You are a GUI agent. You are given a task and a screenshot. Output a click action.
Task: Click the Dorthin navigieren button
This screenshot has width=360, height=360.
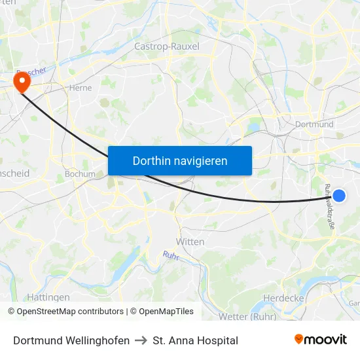click(x=179, y=160)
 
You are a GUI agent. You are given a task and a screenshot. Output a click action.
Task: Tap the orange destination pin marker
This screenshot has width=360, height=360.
click(x=22, y=82)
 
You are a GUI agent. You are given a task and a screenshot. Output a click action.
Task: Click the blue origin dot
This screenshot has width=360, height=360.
click(x=339, y=195)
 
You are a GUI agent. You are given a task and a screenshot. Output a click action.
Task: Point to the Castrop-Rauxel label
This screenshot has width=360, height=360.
click(x=166, y=46)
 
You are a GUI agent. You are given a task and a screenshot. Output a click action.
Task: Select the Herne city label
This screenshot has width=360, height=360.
click(x=80, y=87)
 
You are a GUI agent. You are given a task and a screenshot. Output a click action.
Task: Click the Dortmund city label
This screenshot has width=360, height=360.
click(x=314, y=124)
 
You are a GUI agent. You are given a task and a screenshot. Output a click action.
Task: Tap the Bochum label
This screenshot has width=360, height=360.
click(x=80, y=175)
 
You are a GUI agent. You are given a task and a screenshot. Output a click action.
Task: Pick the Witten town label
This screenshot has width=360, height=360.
click(x=190, y=242)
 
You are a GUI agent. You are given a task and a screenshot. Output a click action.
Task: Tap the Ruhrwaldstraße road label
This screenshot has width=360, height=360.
click(x=329, y=207)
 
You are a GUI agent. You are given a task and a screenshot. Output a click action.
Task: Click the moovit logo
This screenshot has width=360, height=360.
click(x=320, y=340)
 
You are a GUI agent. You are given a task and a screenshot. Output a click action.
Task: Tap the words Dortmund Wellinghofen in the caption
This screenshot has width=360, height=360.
click(x=71, y=340)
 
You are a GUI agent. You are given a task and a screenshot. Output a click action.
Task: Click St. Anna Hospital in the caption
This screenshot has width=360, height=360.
click(x=195, y=340)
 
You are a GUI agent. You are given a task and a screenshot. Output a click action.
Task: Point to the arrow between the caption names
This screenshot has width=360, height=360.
click(x=141, y=340)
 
